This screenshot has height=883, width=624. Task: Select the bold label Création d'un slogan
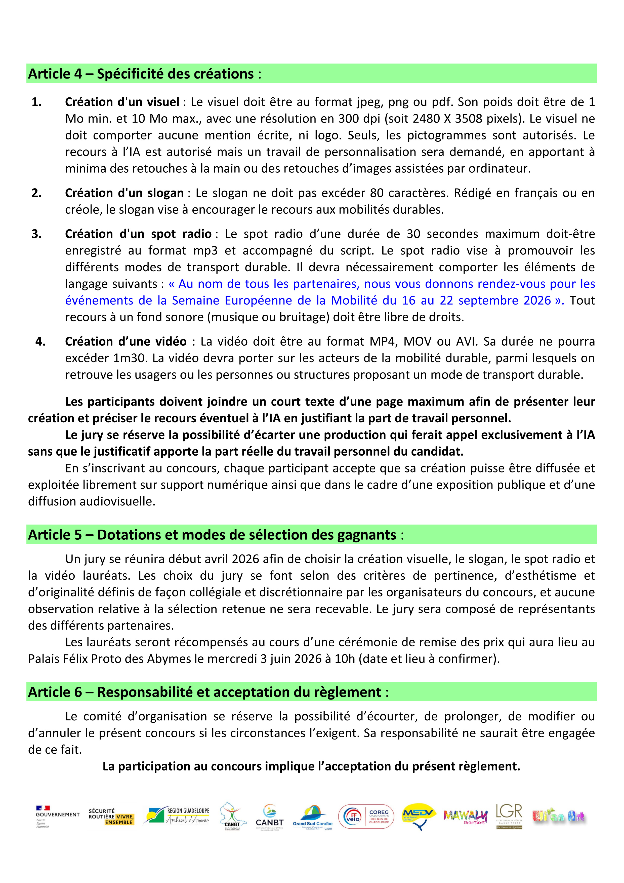tap(124, 193)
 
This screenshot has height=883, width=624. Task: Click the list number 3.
tap(36, 234)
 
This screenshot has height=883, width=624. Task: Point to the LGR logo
tap(509, 816)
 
